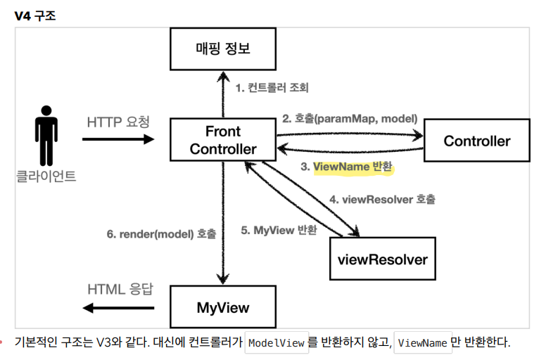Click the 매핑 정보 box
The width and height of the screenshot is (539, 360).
222,49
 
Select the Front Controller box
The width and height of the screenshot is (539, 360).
222,141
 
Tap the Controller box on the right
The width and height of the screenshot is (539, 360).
476,141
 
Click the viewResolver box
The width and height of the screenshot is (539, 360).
383,259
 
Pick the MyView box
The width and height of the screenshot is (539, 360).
222,307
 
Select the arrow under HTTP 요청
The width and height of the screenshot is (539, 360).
118,139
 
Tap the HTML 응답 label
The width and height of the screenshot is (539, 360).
120,290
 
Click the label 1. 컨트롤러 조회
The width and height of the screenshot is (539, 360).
272,88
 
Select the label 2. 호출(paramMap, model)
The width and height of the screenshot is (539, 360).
350,118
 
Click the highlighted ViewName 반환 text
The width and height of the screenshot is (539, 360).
353,167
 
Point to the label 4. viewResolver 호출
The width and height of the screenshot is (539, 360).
382,199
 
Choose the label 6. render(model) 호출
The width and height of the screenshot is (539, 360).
161,233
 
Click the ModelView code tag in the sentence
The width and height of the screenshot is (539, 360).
277,343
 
